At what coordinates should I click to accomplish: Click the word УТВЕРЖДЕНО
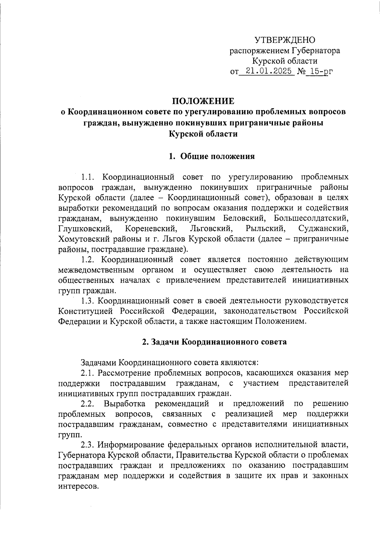tap(285, 40)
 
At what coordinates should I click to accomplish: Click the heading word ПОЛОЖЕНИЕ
tap(203, 101)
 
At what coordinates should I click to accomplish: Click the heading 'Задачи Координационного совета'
tap(214, 342)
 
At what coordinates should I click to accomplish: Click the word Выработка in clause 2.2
tap(124, 404)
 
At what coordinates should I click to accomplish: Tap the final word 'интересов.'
tap(77, 486)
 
